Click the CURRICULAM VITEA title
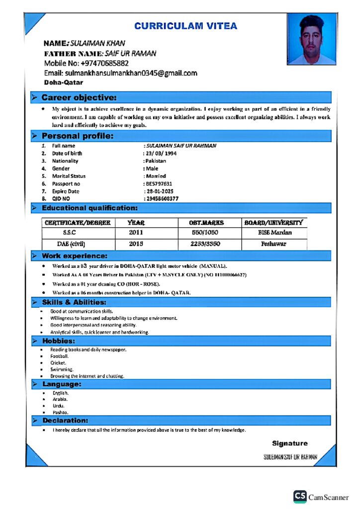click(x=185, y=26)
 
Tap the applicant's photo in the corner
click(x=311, y=39)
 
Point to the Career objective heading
click(x=79, y=97)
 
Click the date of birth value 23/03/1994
click(x=161, y=154)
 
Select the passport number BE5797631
click(x=159, y=184)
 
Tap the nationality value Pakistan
click(x=156, y=161)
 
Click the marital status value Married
click(x=156, y=176)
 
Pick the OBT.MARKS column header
click(x=206, y=223)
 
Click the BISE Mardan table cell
click(x=274, y=233)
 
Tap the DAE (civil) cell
click(x=71, y=244)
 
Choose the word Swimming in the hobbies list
click(x=61, y=370)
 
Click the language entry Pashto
click(x=60, y=413)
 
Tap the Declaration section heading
click(x=65, y=421)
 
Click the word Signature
click(x=289, y=443)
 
